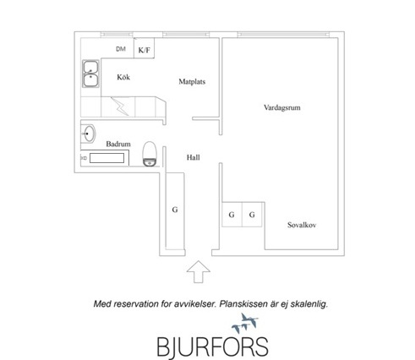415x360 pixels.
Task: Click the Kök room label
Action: click(x=123, y=77)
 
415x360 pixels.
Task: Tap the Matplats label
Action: click(x=192, y=82)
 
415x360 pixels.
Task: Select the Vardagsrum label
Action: click(x=282, y=107)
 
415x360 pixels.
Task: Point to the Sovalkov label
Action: click(x=302, y=225)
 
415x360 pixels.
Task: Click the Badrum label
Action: click(x=118, y=144)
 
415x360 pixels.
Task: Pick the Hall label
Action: click(x=194, y=157)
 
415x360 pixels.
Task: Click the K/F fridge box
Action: click(x=144, y=48)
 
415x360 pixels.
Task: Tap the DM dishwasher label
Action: click(x=121, y=49)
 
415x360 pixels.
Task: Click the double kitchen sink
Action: click(x=90, y=74)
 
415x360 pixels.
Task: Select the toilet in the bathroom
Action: click(x=150, y=154)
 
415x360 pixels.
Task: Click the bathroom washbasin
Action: click(x=89, y=133)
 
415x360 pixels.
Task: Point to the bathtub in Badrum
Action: click(x=105, y=158)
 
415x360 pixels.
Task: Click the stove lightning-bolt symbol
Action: click(x=120, y=106)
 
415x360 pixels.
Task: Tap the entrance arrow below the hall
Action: click(x=199, y=271)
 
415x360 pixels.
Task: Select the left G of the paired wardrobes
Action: click(x=232, y=215)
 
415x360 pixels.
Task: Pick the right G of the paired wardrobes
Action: click(x=252, y=215)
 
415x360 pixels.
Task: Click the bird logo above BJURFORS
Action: click(x=244, y=323)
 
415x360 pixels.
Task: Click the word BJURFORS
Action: click(x=212, y=346)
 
